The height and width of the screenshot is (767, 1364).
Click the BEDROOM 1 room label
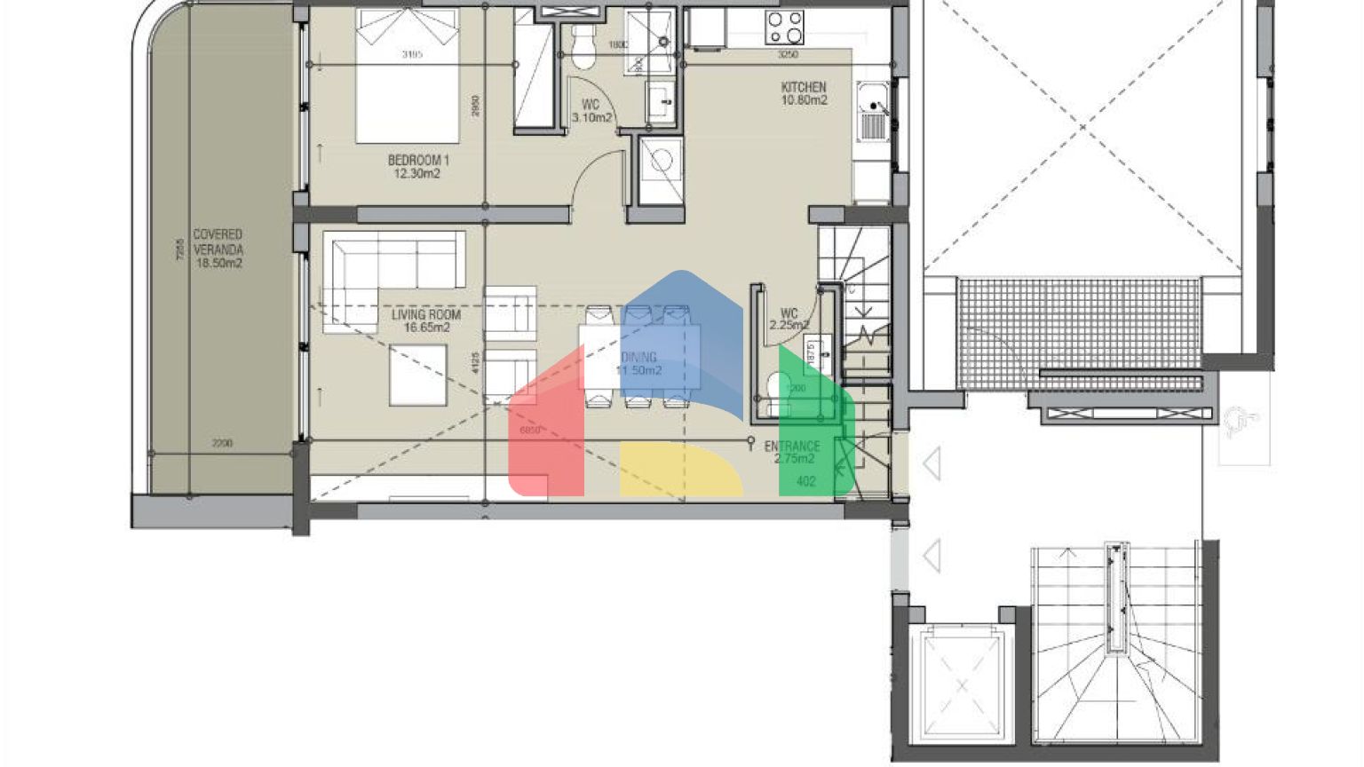418,161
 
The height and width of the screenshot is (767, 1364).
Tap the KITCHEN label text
804,87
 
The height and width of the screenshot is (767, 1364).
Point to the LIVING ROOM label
426,314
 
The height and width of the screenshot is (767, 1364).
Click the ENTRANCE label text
792,447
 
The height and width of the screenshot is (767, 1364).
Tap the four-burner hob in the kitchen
785,28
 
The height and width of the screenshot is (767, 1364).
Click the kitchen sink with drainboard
873,112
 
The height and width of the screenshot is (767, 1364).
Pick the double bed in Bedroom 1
408,76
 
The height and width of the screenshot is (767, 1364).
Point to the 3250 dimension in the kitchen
788,55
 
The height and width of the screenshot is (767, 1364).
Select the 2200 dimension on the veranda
222,443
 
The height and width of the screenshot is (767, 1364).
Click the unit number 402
806,482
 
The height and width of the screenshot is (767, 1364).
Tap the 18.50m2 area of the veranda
218,264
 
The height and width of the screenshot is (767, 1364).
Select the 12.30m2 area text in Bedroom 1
417,174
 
